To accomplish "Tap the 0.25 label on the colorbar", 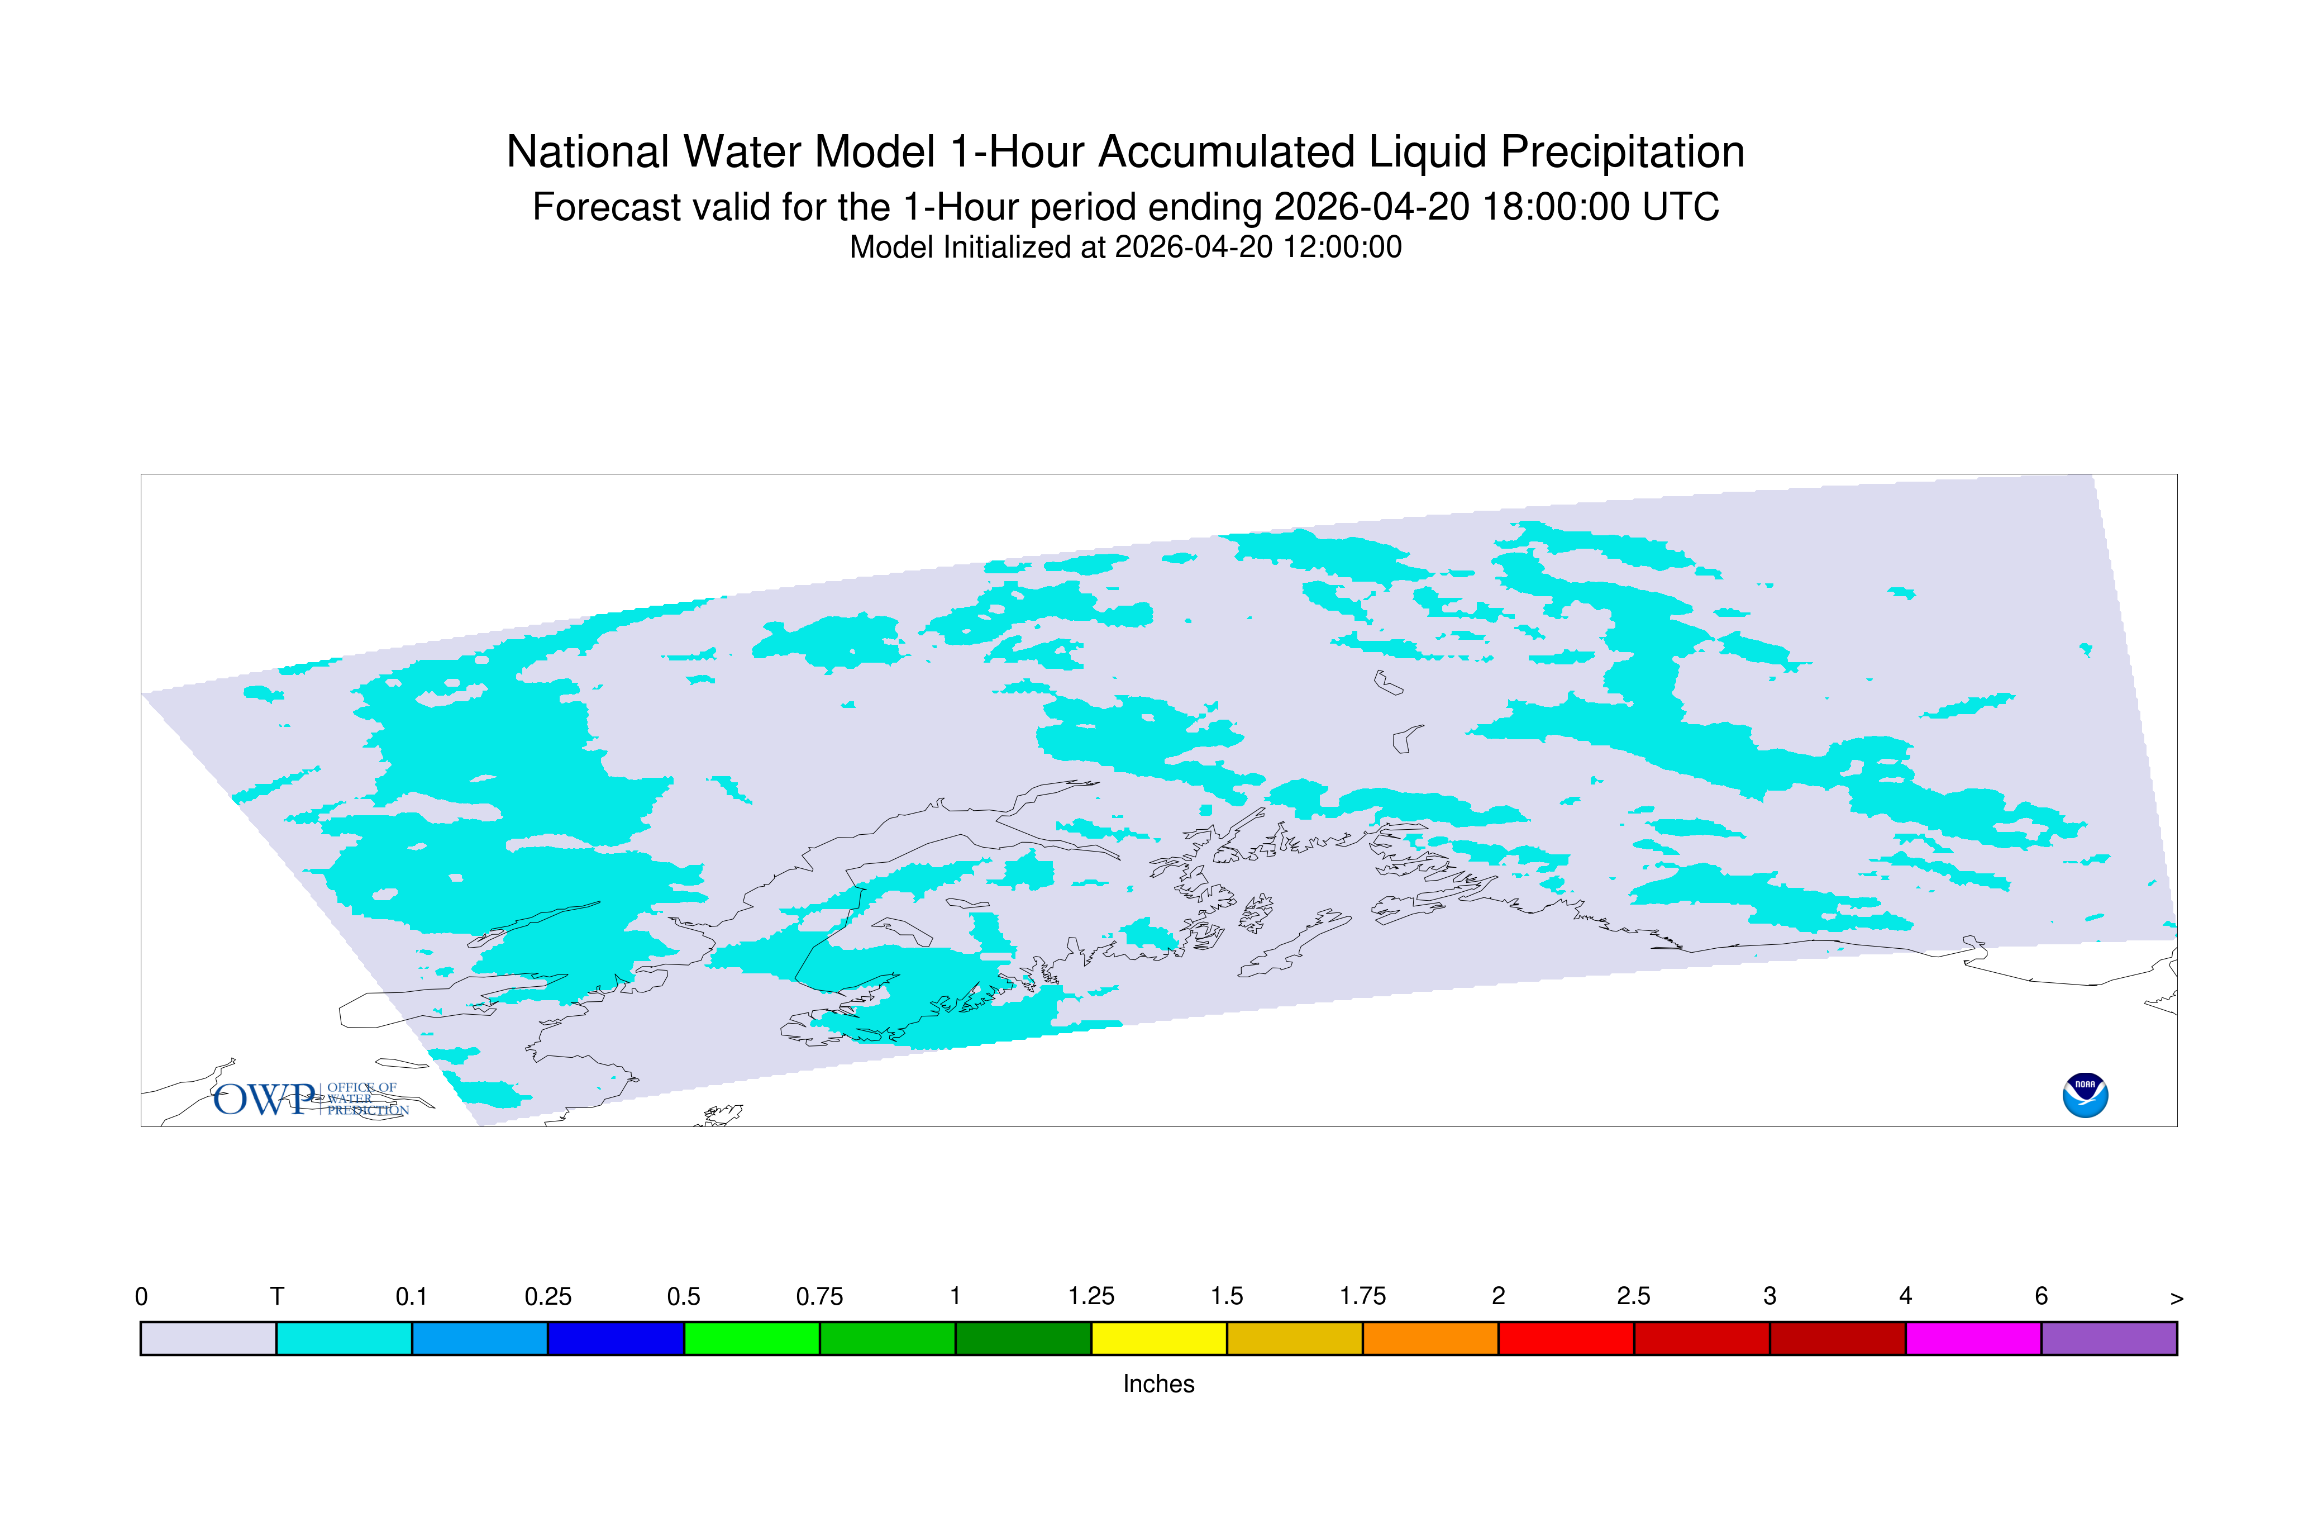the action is pos(547,1297).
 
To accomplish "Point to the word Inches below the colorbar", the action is pos(1158,1383).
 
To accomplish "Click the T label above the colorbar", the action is pos(277,1297).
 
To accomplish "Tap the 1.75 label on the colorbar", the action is pos(1362,1297).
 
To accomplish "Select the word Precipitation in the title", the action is pos(1622,153).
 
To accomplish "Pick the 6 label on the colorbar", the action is pos(2041,1297).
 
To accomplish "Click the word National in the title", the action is pos(589,153).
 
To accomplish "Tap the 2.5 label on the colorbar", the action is pos(1634,1297).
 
